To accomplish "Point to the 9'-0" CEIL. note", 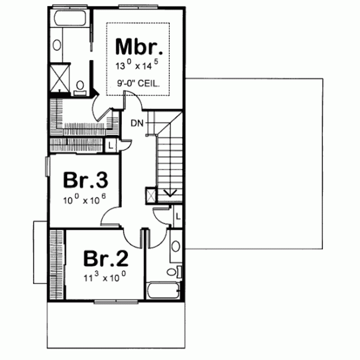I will [x=139, y=85].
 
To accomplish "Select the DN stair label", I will [x=137, y=124].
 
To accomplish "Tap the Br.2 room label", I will [x=106, y=258].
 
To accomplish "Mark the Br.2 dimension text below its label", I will [x=106, y=277].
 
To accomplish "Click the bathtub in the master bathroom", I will [x=70, y=24].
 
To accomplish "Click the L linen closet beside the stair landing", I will [x=111, y=145].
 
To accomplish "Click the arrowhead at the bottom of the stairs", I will [x=170, y=193].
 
